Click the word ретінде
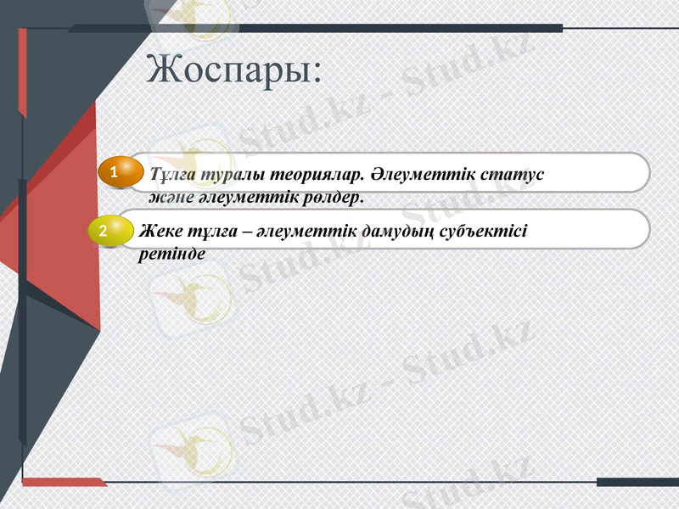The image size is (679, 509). (x=172, y=253)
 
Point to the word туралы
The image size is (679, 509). (x=228, y=175)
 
